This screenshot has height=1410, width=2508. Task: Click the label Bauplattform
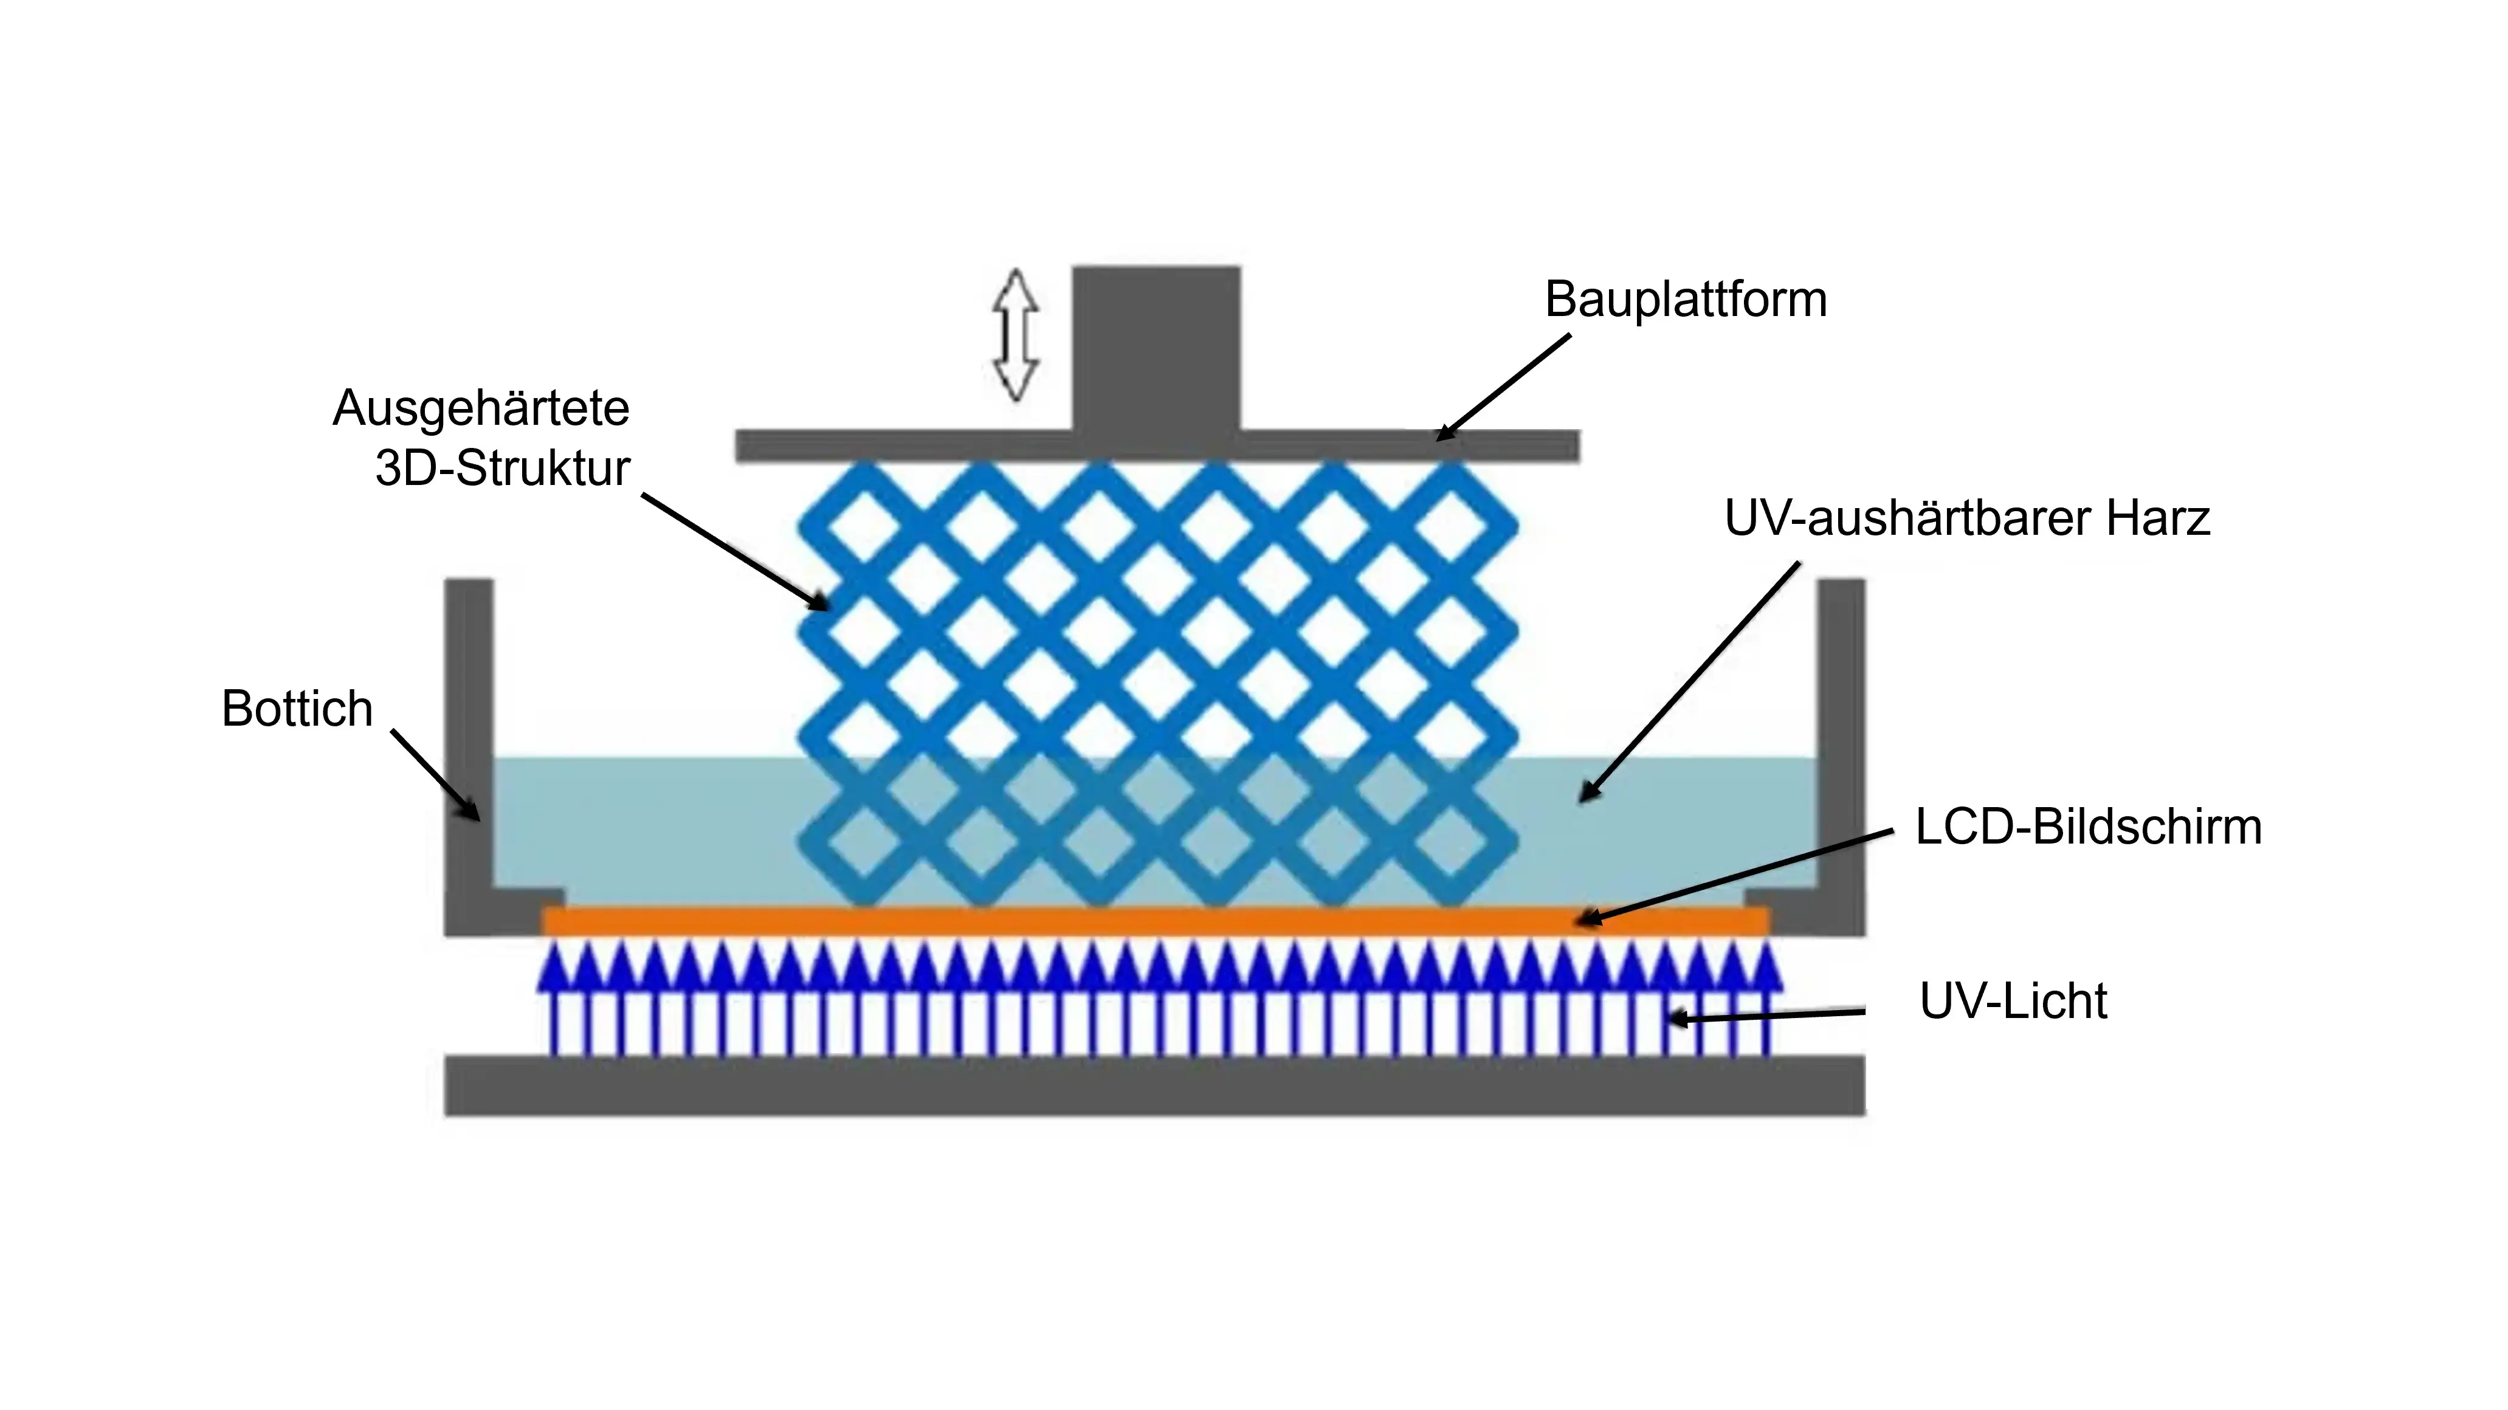coord(1686,299)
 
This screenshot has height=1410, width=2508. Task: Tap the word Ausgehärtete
coord(481,408)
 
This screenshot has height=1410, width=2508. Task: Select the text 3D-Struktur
coord(502,469)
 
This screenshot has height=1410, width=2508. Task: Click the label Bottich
coord(297,708)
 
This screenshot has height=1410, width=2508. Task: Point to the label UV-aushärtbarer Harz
coord(1966,518)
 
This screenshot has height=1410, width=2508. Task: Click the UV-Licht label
coord(2013,1001)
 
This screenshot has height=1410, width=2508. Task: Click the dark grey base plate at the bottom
coord(1155,1085)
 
